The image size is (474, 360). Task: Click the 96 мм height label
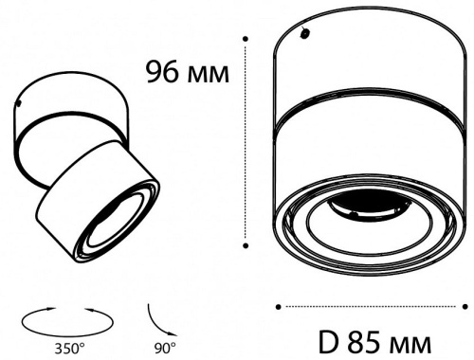point(188,72)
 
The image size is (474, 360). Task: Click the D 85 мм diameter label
point(374,342)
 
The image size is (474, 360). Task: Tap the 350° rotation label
point(70,349)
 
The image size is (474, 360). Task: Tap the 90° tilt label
point(165,349)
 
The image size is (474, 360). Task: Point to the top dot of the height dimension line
point(246,39)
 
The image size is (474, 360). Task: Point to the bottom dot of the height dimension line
point(246,245)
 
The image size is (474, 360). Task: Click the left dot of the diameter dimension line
point(279,307)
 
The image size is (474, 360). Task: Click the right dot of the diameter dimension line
point(465,307)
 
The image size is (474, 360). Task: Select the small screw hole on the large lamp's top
point(305,33)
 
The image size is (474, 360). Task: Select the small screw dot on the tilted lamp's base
point(19,102)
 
